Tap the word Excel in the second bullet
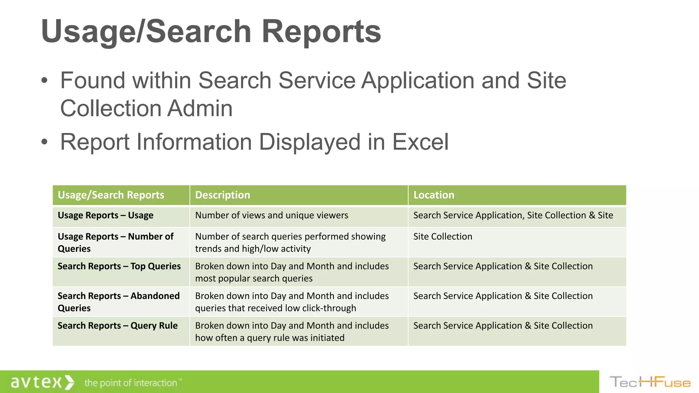click(x=420, y=142)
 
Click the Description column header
click(x=223, y=195)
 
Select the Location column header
click(x=434, y=195)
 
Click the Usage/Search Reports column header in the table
click(x=111, y=195)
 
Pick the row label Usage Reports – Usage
click(x=105, y=215)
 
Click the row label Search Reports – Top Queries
click(x=119, y=266)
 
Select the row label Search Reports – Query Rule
click(x=117, y=325)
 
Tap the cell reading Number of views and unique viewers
click(x=271, y=215)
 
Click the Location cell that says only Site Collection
click(x=443, y=236)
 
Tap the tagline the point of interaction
click(x=131, y=383)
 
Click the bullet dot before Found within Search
click(x=44, y=81)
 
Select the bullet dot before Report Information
click(x=44, y=142)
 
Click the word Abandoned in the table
click(x=155, y=296)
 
